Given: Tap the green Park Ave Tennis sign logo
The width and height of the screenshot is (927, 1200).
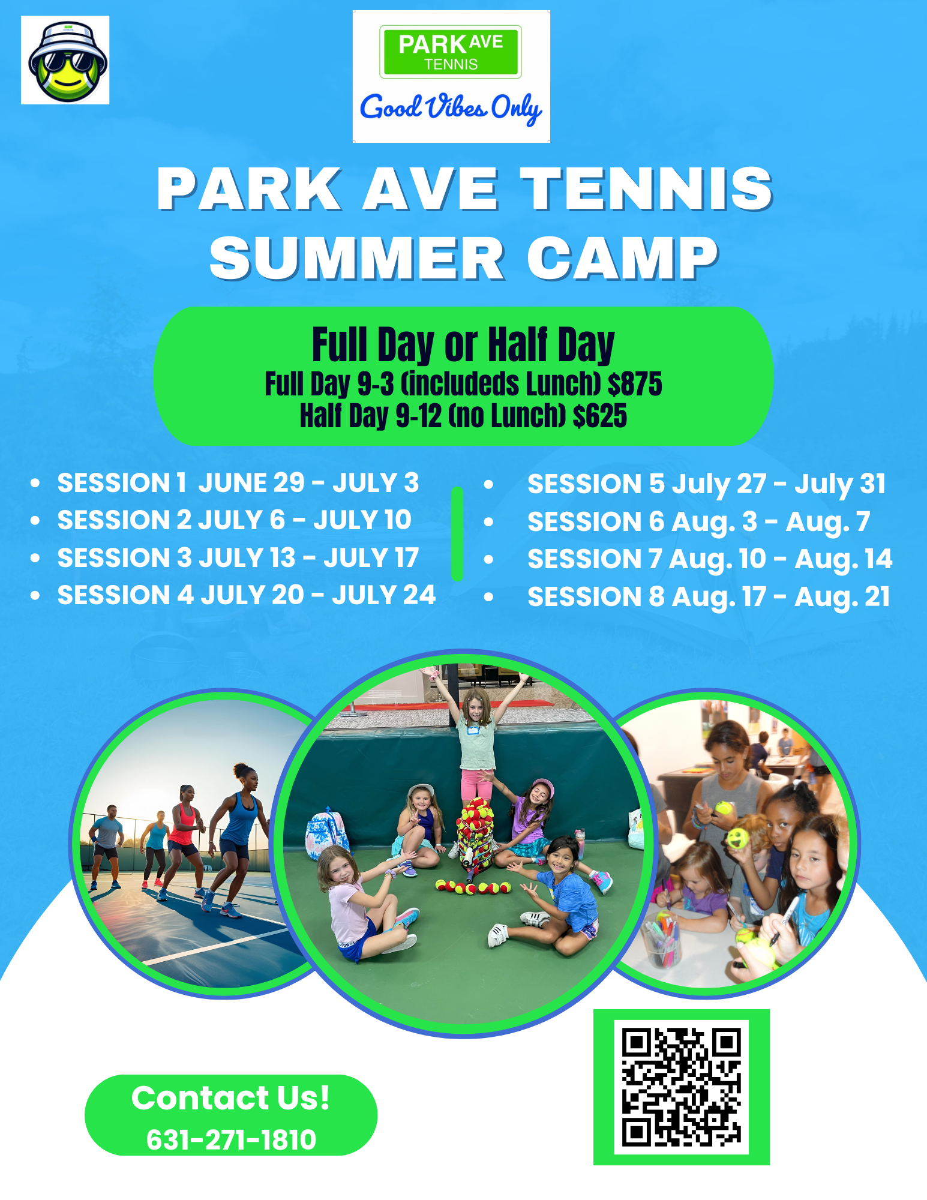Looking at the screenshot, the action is click(451, 52).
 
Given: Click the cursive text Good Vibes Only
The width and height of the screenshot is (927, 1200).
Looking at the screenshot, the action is click(451, 108).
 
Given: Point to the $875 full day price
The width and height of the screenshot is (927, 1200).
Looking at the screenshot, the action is click(635, 384).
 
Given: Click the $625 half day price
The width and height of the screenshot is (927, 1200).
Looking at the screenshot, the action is click(600, 416).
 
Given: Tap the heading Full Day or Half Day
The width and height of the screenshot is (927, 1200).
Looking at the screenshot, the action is click(463, 345).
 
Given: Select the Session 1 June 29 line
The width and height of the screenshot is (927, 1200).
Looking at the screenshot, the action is click(238, 483).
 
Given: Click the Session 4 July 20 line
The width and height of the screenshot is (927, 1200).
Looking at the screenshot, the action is click(247, 595).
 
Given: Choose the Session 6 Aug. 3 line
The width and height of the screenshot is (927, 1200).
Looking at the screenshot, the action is click(699, 522).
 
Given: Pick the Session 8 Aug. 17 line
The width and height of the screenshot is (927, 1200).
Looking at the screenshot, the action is click(709, 597).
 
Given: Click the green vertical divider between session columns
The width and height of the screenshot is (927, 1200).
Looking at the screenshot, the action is click(457, 534).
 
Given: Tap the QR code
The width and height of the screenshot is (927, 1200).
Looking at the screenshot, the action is click(682, 1087).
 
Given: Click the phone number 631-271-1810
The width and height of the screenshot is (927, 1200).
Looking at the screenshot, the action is click(231, 1139).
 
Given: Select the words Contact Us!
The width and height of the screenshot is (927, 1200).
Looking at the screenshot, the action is click(231, 1098).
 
